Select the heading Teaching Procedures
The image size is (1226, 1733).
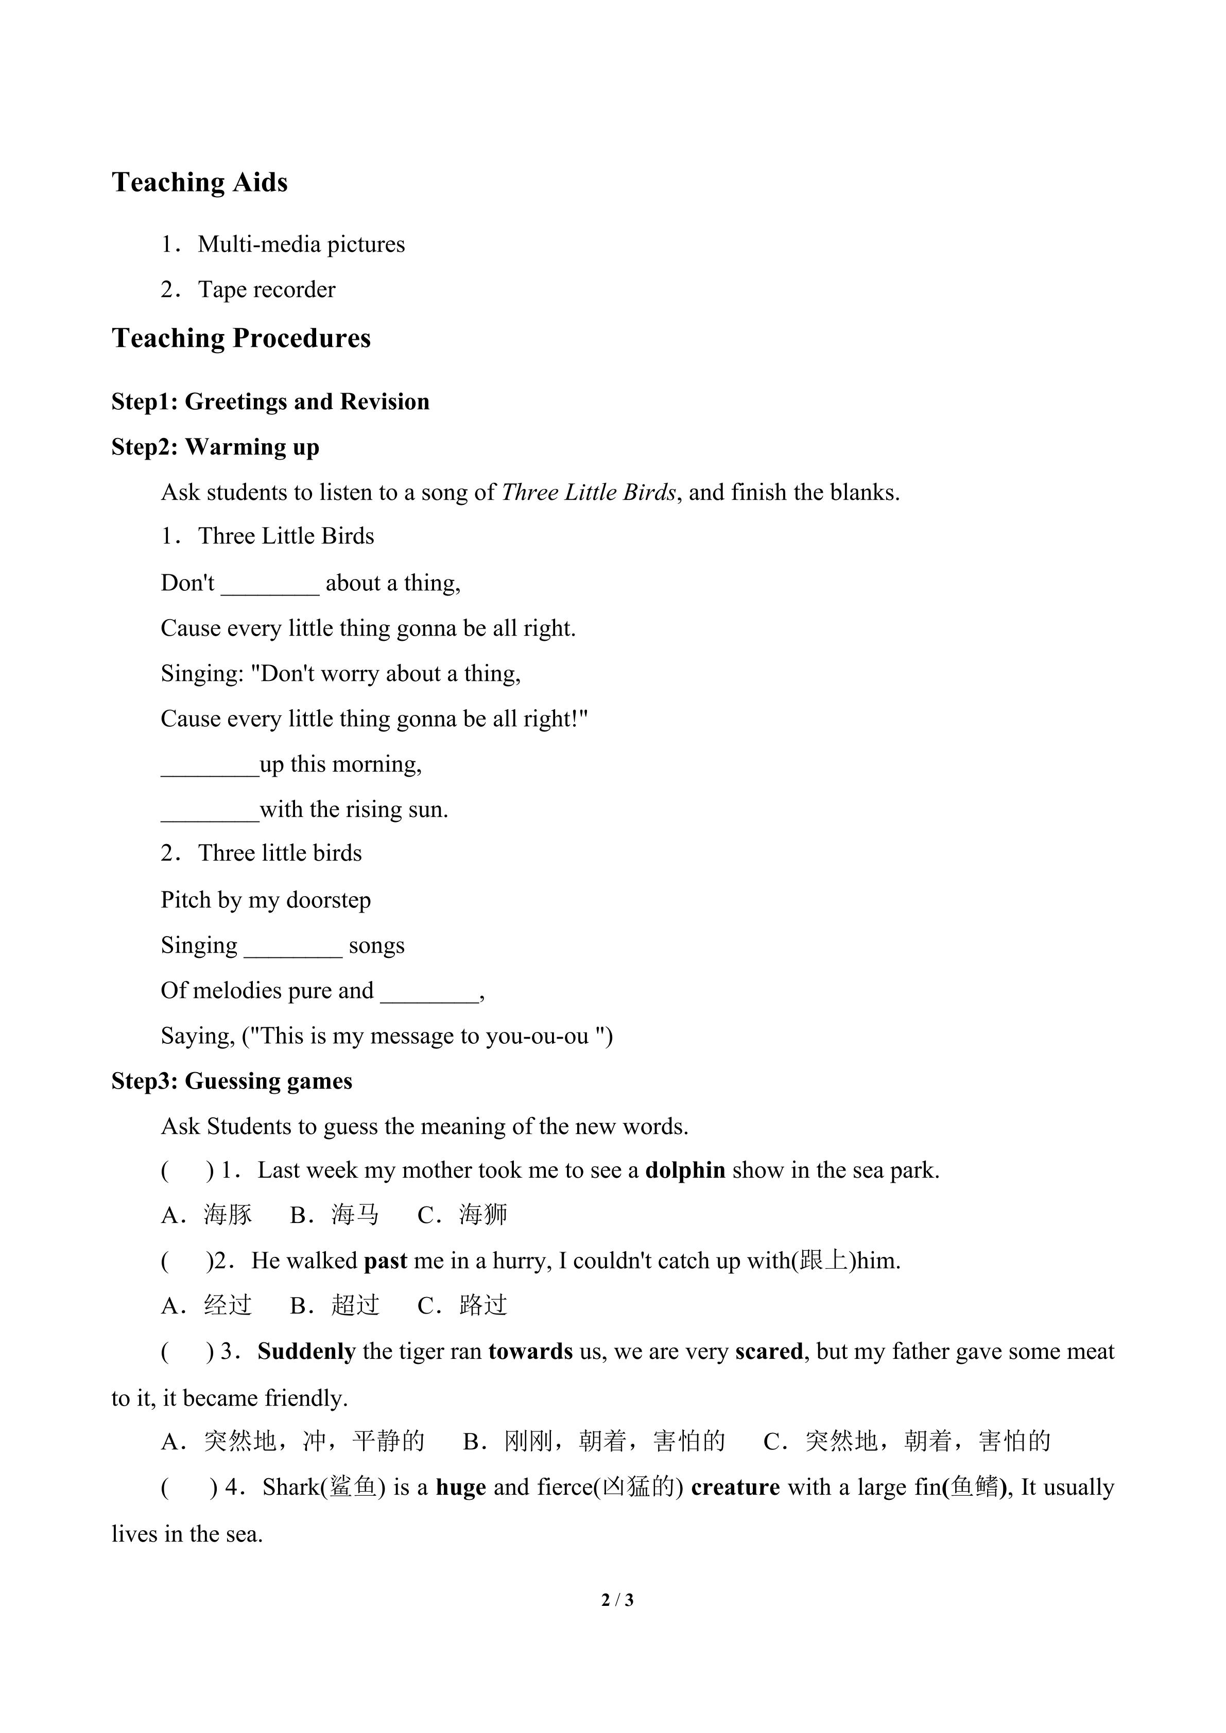tap(241, 338)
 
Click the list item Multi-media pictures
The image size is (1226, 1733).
tap(301, 244)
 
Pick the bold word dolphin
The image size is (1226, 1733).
tap(685, 1170)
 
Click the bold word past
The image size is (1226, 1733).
tap(385, 1261)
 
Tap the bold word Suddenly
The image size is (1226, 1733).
tap(306, 1352)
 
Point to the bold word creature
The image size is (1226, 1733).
tap(735, 1487)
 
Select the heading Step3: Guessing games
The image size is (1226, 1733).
tap(232, 1081)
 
